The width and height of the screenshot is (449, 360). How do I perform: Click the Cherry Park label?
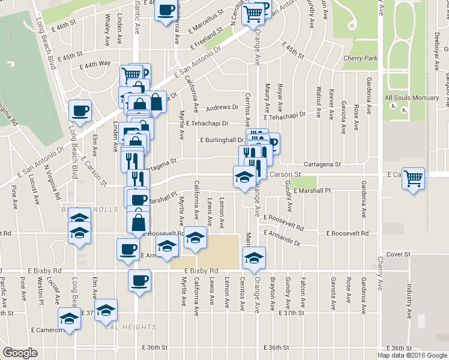point(360,58)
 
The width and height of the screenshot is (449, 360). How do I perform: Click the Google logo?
point(20,353)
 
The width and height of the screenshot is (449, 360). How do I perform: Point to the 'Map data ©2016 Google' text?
point(412,355)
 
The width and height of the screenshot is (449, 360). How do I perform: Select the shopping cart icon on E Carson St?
point(413,178)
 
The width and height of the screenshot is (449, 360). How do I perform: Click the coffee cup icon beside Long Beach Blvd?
point(80,110)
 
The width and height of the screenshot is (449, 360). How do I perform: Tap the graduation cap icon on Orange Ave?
point(254,258)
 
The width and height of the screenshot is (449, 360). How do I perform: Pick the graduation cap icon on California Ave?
point(195,238)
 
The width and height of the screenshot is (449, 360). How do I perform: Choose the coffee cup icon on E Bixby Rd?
point(140,280)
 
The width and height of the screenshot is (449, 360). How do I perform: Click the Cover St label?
point(398,254)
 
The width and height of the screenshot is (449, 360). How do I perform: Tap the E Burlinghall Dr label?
point(222,140)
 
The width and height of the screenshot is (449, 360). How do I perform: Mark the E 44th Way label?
point(97,63)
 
